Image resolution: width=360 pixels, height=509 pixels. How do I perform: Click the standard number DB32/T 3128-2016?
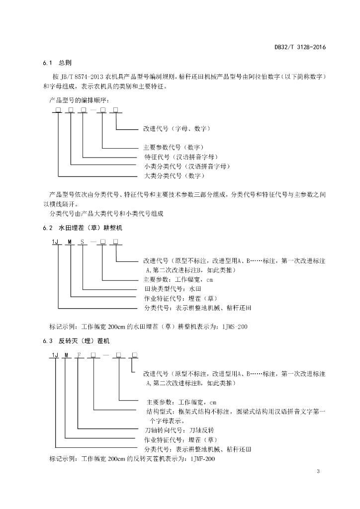tap(300, 47)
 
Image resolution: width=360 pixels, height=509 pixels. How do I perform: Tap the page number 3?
tap(318, 471)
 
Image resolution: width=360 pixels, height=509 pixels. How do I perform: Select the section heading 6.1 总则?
tap(57, 63)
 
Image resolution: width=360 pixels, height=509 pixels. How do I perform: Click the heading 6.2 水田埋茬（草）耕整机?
tap(83, 228)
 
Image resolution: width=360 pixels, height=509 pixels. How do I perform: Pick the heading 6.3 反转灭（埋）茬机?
tap(76, 341)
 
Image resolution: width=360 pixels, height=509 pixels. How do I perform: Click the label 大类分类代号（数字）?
tap(175, 176)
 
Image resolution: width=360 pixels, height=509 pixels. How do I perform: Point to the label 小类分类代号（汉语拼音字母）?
tap(187, 167)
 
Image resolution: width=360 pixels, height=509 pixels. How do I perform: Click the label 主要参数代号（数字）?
tap(174, 147)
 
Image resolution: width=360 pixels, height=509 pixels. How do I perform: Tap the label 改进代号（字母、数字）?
tap(177, 129)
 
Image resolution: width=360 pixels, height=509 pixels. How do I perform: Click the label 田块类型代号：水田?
tap(173, 289)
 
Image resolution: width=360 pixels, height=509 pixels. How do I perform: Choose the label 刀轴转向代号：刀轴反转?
tap(179, 430)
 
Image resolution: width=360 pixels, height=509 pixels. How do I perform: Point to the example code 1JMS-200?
tap(235, 327)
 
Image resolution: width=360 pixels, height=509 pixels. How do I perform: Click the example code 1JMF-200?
tap(202, 459)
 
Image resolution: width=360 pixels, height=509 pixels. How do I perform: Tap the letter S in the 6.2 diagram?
tap(83, 242)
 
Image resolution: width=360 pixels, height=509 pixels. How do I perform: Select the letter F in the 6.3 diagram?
tap(78, 355)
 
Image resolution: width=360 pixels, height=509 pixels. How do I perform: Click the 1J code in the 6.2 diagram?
tap(55, 242)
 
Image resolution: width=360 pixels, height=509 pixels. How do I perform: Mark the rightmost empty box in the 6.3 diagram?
tap(134, 355)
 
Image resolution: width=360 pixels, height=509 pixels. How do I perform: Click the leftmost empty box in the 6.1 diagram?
tap(58, 110)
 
